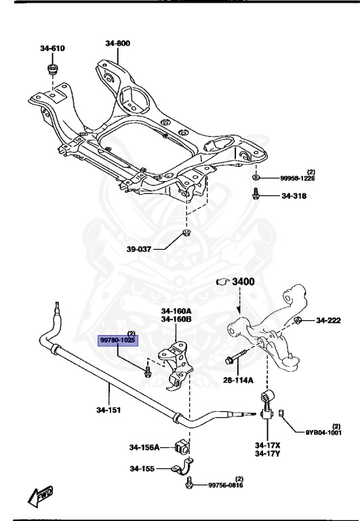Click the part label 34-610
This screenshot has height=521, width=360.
(52, 48)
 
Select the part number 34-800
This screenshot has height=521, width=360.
(118, 43)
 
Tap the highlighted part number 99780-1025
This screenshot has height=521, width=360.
(117, 341)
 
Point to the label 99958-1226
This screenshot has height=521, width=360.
(298, 178)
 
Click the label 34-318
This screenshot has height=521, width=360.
(294, 196)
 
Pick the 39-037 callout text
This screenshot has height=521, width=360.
(139, 249)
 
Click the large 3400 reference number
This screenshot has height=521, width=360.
(243, 282)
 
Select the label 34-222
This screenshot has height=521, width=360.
(328, 320)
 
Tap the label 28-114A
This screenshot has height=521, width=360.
(238, 380)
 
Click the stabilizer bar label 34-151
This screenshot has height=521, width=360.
(108, 410)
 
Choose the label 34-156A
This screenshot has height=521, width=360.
(144, 447)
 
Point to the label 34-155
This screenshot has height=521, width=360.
(142, 469)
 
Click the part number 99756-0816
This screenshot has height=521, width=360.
(226, 486)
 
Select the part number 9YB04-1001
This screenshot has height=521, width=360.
(323, 433)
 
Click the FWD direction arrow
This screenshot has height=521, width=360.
(40, 496)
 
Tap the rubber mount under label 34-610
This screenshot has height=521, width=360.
(52, 69)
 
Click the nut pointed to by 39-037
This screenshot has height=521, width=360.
(186, 232)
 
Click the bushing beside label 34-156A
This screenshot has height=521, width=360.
(182, 447)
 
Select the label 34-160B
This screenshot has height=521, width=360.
(176, 320)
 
